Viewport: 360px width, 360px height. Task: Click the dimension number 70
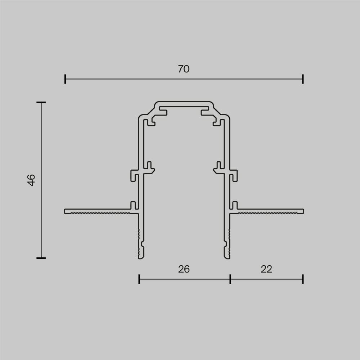[184, 69]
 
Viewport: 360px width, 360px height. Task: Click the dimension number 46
[32, 180]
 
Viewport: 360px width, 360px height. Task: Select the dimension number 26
[184, 269]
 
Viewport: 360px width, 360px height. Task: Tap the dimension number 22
[266, 269]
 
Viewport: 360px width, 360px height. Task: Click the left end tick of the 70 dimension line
[65, 79]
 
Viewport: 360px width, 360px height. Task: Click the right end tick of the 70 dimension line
[303, 79]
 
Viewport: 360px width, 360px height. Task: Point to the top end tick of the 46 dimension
[41, 103]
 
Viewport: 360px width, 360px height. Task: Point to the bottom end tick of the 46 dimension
[41, 258]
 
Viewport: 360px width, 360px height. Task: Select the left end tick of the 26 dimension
[139, 279]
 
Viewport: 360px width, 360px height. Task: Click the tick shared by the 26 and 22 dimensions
[230, 279]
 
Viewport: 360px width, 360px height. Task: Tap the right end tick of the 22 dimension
[303, 279]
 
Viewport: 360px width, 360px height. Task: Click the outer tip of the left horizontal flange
[66, 211]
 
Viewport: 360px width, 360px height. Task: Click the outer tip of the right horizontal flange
[303, 211]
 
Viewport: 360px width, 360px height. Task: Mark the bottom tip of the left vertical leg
[141, 257]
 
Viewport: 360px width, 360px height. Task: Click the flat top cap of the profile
[184, 103]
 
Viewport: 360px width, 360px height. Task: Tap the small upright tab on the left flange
[133, 205]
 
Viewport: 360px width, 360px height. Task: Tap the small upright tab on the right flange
[235, 205]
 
